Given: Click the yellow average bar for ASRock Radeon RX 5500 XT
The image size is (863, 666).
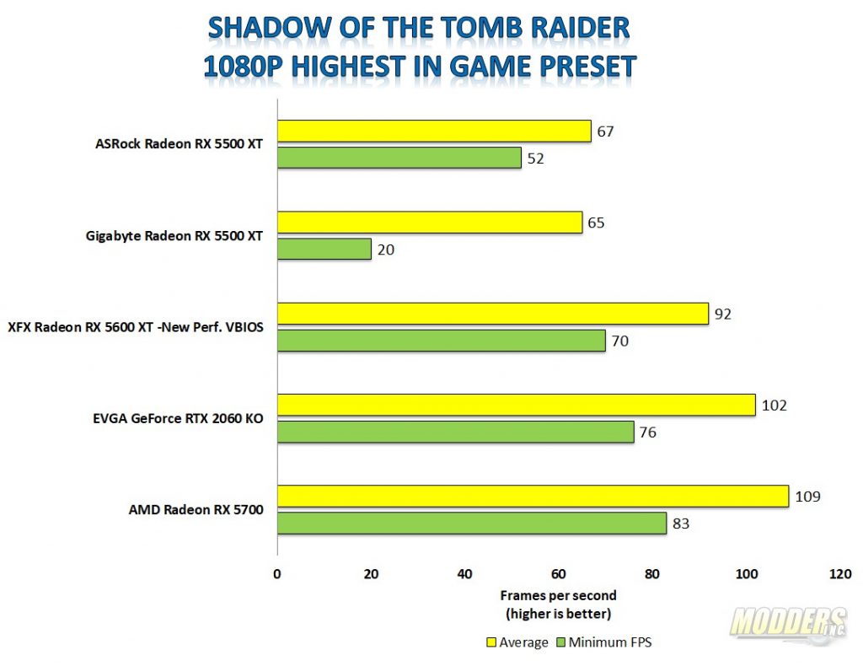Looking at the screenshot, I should (x=434, y=132).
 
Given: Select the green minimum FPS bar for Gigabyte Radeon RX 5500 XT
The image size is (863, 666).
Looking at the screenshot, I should (x=324, y=249).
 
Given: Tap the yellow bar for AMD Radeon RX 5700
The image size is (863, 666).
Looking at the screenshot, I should (x=533, y=497).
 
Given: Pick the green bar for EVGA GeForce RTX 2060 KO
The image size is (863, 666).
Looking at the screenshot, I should (x=455, y=432).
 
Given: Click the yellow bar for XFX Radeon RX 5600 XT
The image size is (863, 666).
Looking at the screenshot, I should (x=492, y=314).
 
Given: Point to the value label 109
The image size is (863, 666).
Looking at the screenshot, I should (x=808, y=497).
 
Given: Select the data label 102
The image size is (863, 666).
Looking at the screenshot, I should (x=774, y=405).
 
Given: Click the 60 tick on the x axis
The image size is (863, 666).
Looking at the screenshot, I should (x=559, y=574).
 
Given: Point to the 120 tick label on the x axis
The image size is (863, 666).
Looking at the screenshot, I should (x=840, y=574).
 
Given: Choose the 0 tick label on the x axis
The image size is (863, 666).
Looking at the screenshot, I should (x=277, y=574).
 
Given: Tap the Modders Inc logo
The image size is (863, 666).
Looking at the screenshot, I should (x=788, y=624).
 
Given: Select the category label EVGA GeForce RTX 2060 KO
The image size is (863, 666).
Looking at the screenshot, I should (x=174, y=419).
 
